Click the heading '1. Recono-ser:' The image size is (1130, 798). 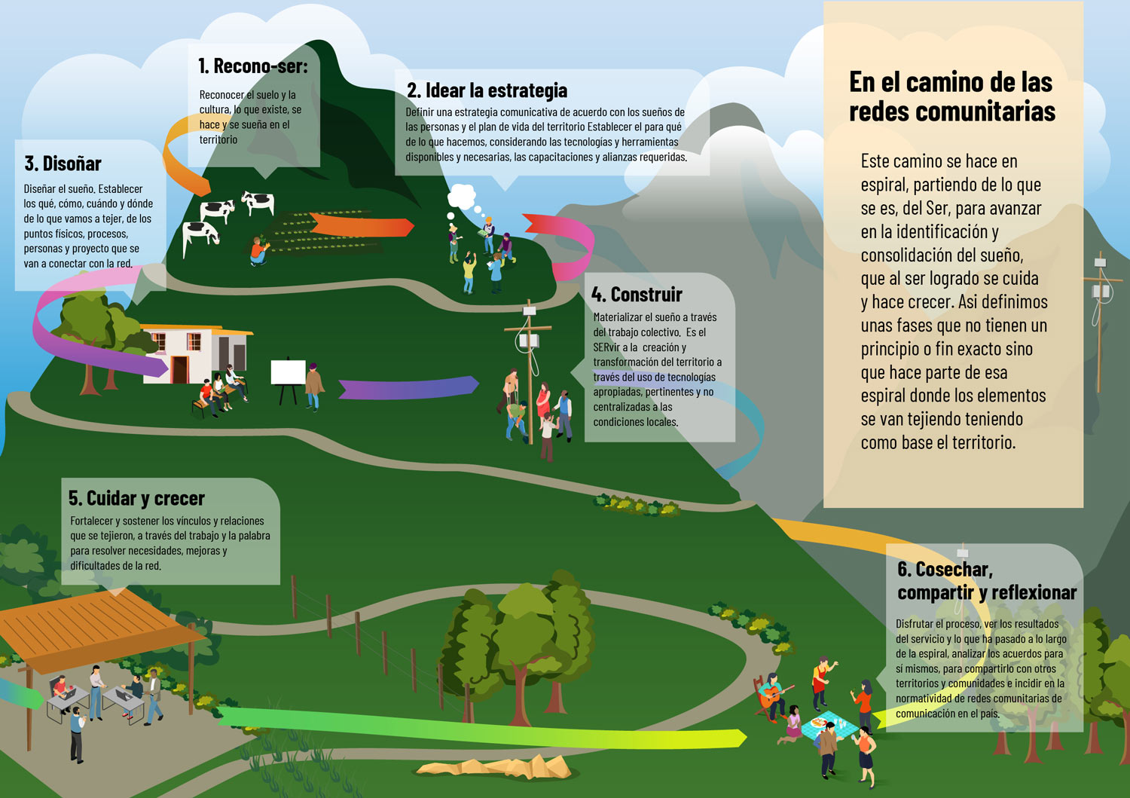pos(252,66)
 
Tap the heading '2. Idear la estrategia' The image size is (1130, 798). pos(487,90)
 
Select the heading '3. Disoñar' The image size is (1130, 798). pos(63,164)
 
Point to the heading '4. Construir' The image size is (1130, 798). pos(637,295)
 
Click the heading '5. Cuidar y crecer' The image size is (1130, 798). pos(136,498)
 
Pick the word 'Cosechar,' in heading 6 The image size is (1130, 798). pos(954,570)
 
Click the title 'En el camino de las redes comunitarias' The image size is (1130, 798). pos(951,96)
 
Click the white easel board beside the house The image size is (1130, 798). pos(288,373)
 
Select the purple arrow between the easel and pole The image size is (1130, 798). pos(407,387)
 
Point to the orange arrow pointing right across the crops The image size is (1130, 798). pos(360,225)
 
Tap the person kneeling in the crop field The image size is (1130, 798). pos(258,251)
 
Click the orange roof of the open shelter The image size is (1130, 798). pos(98,618)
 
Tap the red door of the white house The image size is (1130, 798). pos(179,369)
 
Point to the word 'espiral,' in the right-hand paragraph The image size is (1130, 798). pos(884,185)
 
